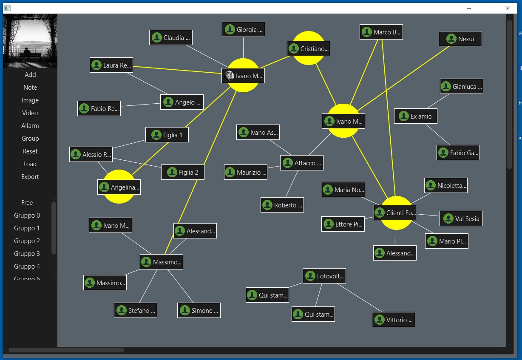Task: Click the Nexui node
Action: pos(460,39)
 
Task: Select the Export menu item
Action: pos(30,177)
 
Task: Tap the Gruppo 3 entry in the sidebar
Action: pos(27,254)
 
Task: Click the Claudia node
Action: pos(171,38)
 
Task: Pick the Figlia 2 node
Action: pos(183,173)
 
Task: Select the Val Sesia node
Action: pos(461,219)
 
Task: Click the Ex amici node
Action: pos(416,116)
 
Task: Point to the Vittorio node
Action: pos(394,320)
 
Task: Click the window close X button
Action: pos(508,8)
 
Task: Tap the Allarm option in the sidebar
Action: pos(30,126)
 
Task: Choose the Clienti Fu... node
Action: pos(395,213)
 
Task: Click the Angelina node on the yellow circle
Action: pos(119,187)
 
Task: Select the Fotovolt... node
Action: pos(324,276)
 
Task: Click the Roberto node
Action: pos(282,205)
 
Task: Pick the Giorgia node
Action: pos(244,30)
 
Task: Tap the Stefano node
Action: pos(136,311)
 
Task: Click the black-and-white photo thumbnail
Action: pos(30,41)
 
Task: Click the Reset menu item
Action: pos(30,151)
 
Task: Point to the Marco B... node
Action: pos(381,32)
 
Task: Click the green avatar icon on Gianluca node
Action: pos(446,87)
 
